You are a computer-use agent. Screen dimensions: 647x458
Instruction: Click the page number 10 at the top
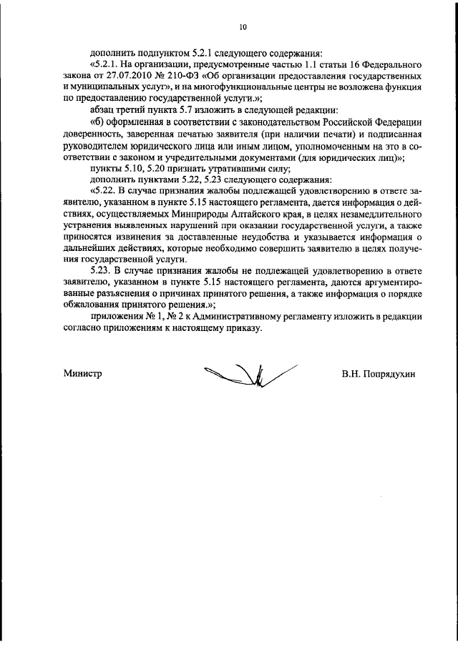click(x=243, y=27)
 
